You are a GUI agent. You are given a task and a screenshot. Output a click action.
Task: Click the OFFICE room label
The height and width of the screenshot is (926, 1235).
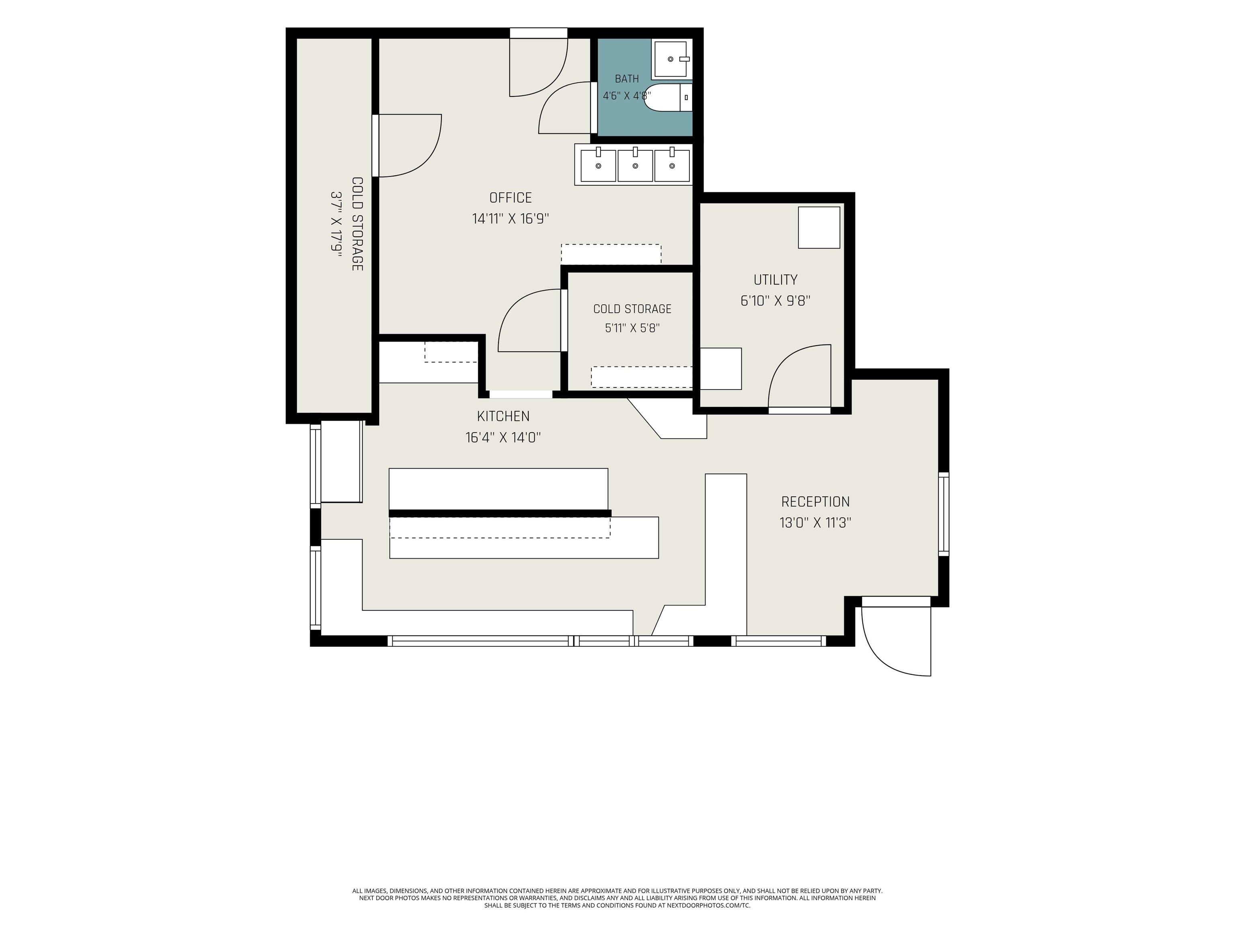tap(510, 198)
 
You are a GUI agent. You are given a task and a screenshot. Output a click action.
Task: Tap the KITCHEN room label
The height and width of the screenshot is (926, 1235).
tap(503, 416)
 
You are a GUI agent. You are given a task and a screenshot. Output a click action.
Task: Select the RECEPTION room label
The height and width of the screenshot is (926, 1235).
tap(815, 502)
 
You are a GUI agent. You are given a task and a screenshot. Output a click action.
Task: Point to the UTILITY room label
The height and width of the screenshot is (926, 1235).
tap(775, 280)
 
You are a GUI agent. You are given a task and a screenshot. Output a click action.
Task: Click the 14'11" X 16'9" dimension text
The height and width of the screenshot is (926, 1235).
tap(510, 218)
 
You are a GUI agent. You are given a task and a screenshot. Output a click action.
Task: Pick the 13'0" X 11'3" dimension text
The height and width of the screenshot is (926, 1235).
tap(815, 523)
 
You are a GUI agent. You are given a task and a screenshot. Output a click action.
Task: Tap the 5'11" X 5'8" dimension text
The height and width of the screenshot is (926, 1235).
tap(632, 328)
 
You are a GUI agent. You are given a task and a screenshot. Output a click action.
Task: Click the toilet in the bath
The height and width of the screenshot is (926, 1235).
tap(669, 97)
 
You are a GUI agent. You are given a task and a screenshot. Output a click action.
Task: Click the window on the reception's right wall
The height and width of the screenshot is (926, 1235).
tap(944, 514)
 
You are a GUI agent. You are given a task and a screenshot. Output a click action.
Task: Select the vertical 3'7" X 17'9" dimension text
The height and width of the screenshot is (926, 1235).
tap(336, 224)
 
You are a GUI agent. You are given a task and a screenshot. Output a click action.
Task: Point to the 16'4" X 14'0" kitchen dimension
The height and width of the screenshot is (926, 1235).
tap(503, 437)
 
